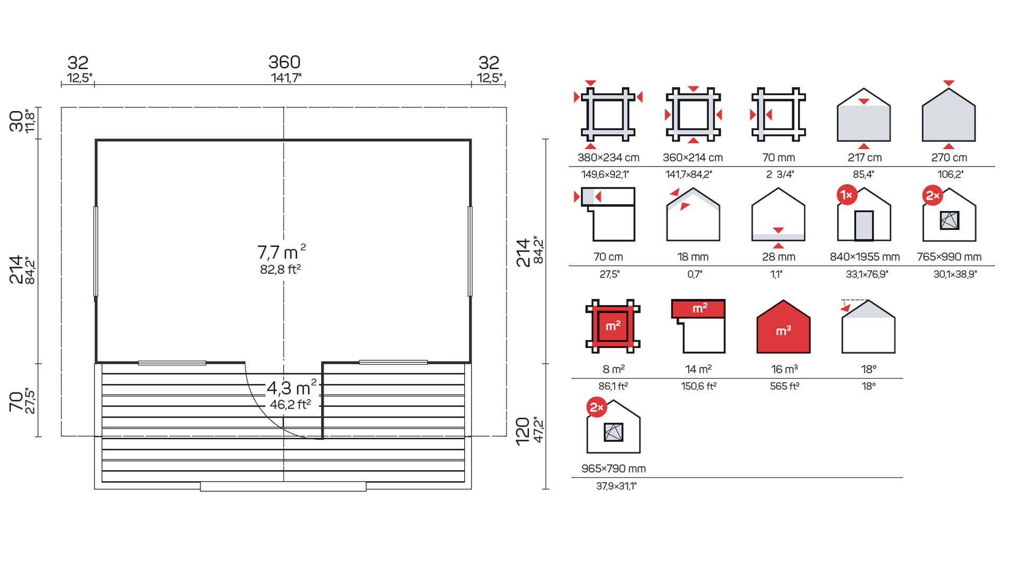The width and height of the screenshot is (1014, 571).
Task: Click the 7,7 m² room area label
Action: pos(281,252)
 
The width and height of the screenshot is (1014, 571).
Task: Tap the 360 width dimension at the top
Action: pos(284,62)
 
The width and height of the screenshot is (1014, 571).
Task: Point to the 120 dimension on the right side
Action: pos(522,431)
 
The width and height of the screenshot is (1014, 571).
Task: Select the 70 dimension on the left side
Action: pos(16,401)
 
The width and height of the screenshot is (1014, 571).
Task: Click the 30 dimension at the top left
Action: pos(16,121)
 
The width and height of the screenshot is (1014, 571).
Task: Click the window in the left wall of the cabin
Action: pos(96,251)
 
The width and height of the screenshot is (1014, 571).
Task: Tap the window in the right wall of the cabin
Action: pos(470,251)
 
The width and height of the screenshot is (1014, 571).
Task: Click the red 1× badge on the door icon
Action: pos(847,195)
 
